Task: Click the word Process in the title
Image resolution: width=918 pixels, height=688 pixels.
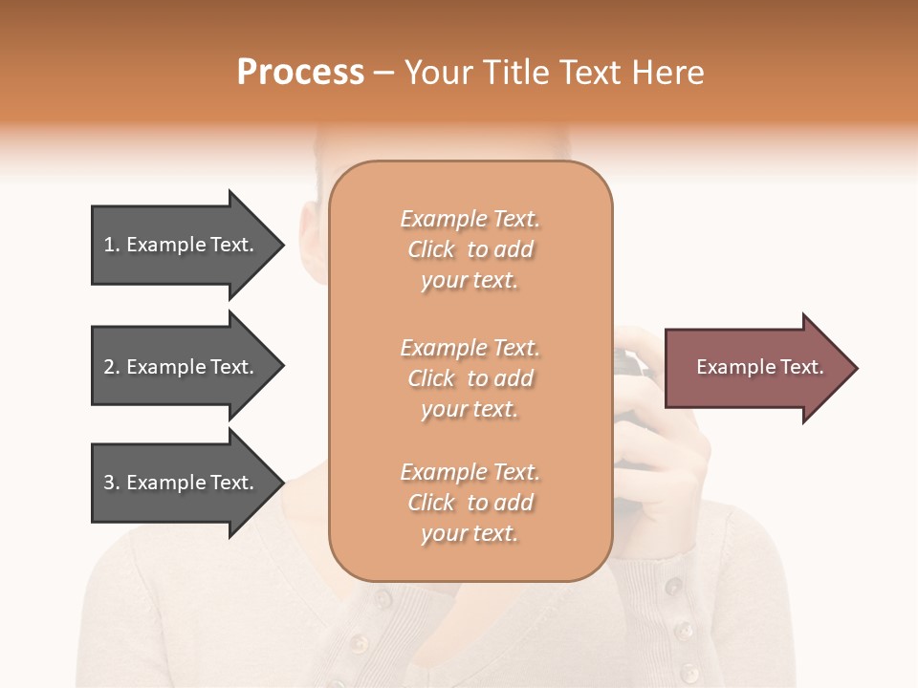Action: (x=300, y=73)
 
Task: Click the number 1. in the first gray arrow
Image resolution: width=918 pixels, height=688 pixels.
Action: (x=112, y=245)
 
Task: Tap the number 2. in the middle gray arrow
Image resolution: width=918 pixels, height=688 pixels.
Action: (x=112, y=367)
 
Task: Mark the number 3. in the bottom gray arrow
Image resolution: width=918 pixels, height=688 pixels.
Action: (x=112, y=483)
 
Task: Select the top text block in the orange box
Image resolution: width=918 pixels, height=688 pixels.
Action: (x=470, y=249)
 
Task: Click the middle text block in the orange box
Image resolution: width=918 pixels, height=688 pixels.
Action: (x=470, y=378)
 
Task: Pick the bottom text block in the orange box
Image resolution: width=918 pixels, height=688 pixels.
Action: (x=470, y=503)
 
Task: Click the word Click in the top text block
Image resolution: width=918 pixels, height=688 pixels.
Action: (x=431, y=249)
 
